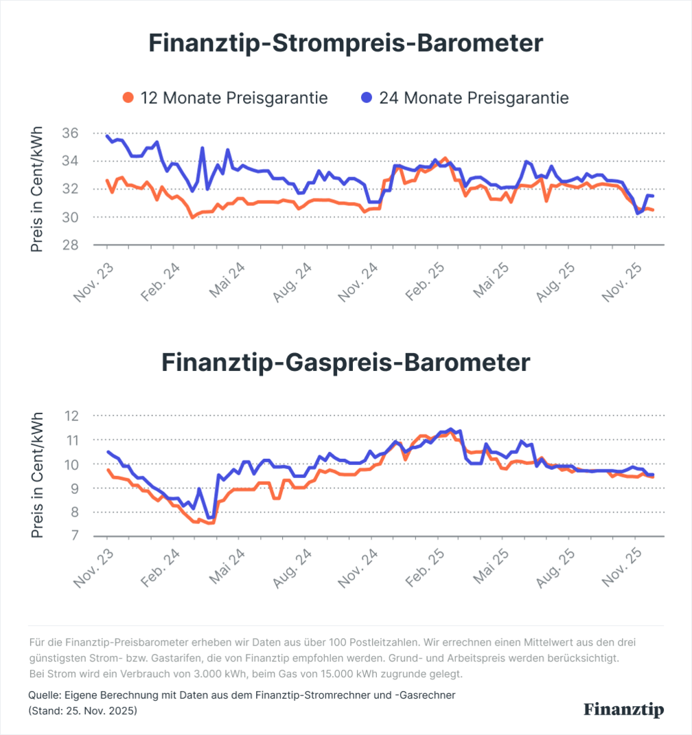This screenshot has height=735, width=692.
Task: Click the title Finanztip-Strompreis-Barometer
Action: click(345, 43)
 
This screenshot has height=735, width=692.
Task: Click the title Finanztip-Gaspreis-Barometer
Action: click(345, 362)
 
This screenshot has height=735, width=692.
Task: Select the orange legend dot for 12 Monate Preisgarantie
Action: click(128, 98)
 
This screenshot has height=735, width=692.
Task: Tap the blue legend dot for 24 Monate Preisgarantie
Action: click(367, 98)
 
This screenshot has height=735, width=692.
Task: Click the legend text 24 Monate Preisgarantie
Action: click(474, 98)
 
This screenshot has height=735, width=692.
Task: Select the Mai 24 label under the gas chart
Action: click(227, 569)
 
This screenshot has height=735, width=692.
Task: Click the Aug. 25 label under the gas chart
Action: click(556, 569)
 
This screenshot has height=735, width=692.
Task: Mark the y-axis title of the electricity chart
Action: click(37, 189)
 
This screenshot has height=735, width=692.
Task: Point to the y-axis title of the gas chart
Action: click(37, 475)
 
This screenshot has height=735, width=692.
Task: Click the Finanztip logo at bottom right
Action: click(623, 710)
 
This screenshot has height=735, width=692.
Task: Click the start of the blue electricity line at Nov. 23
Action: click(107, 136)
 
